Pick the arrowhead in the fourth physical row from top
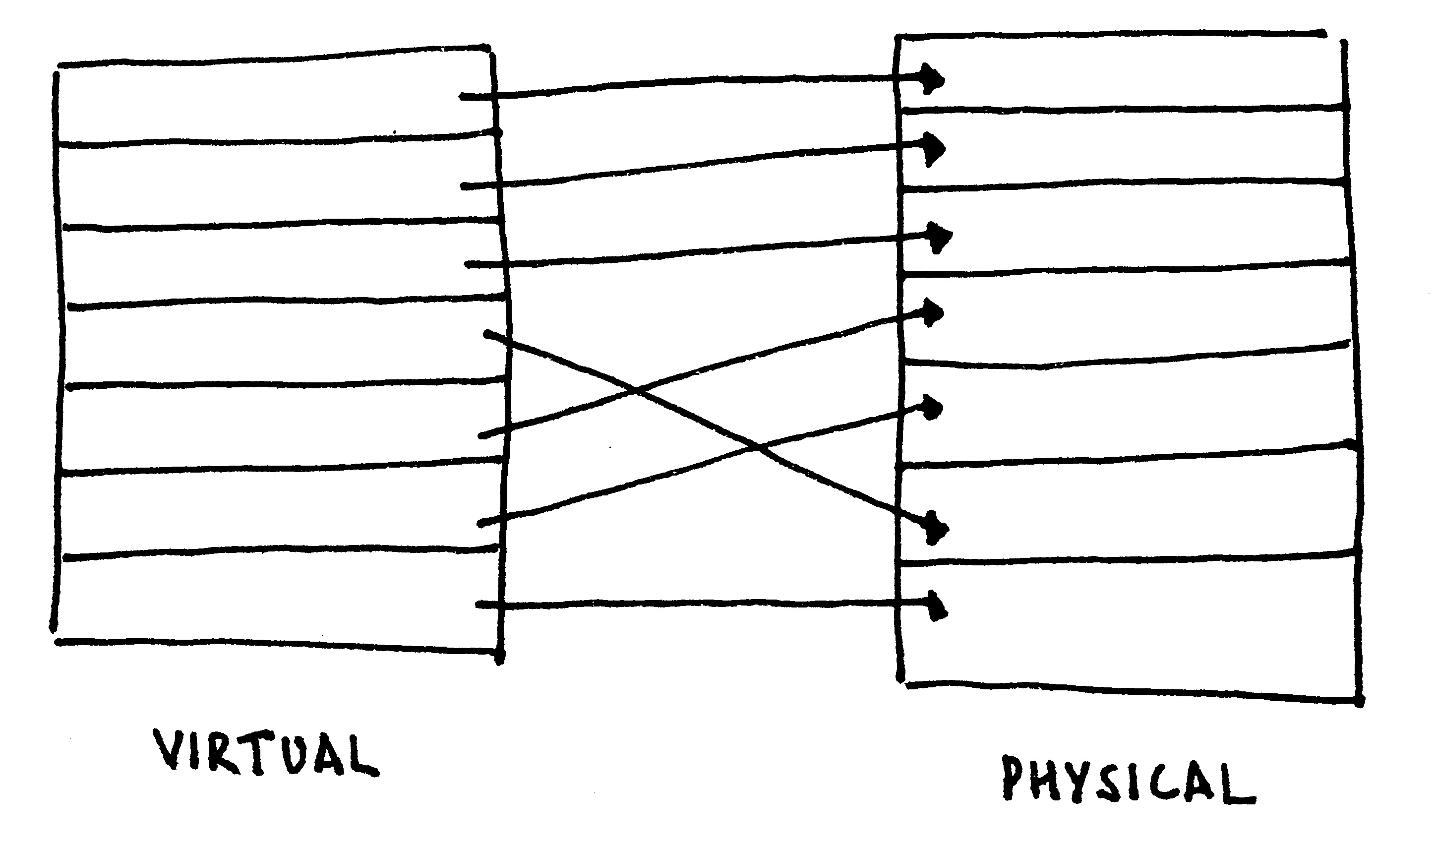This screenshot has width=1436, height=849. click(x=932, y=312)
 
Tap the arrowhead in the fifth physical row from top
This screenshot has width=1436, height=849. click(x=932, y=407)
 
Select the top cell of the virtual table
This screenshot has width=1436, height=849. click(x=275, y=103)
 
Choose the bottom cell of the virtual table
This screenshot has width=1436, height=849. click(x=275, y=601)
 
